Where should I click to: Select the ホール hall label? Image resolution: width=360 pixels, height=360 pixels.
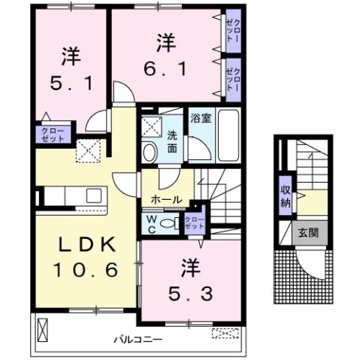pos(165,200)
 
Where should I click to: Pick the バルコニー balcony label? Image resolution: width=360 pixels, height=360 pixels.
pos(138,340)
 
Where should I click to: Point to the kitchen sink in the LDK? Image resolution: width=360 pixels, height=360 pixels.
pos(94,195)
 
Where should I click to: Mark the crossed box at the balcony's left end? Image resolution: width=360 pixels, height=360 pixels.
pos(43,329)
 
